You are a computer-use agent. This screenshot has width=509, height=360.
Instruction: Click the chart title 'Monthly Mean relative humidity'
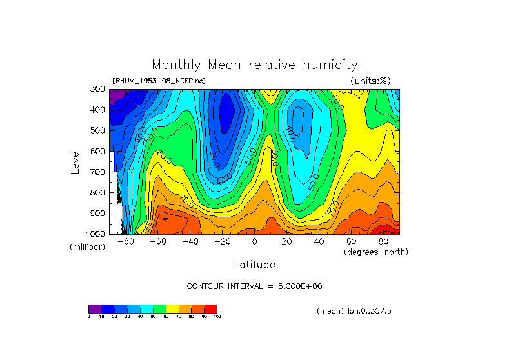tap(254, 65)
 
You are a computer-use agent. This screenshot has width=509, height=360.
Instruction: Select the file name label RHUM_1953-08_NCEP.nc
tap(159, 81)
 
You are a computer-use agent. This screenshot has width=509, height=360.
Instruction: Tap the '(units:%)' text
tap(370, 81)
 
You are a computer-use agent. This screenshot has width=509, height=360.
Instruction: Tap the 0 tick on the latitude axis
tap(254, 241)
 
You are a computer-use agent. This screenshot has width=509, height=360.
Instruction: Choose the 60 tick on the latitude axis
tap(351, 241)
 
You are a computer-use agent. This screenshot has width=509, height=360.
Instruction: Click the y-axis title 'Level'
tap(76, 161)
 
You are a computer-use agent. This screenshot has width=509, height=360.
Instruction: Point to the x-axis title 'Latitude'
tap(254, 265)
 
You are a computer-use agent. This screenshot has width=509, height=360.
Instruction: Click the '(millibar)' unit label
tap(87, 247)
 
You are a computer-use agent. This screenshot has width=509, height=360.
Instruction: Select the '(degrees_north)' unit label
tap(376, 251)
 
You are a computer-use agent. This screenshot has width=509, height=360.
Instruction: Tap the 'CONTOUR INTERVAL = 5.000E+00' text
tap(254, 286)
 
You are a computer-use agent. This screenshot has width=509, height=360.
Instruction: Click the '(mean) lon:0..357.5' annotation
tap(354, 311)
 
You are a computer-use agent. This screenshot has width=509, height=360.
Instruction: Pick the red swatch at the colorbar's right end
tap(211, 308)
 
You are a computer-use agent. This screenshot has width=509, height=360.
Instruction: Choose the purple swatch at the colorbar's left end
tap(95, 308)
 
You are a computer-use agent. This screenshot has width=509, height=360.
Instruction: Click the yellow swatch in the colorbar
tap(172, 308)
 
